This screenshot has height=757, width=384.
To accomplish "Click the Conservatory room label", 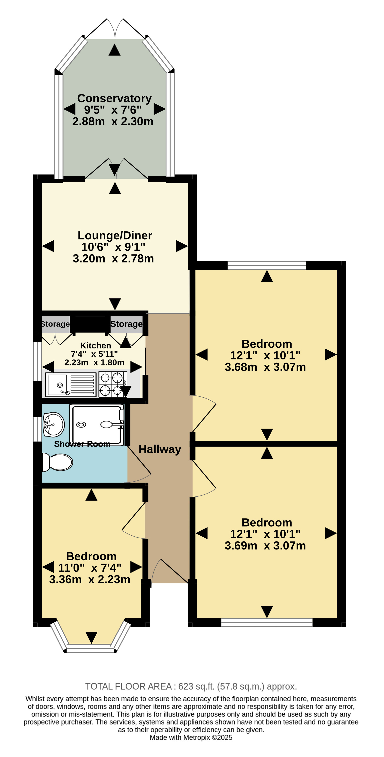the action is click(114, 98).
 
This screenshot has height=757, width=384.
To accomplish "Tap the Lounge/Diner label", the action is click(115, 235).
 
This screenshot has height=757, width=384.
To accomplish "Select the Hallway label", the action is click(160, 449).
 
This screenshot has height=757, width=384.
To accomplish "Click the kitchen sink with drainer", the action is click(71, 385).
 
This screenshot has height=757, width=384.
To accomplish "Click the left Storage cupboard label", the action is click(55, 324).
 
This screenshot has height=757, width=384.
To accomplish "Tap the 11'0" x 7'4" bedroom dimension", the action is click(90, 568).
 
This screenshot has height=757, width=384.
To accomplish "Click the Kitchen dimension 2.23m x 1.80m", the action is click(94, 362).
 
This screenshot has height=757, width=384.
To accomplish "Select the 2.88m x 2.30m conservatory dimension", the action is click(113, 121).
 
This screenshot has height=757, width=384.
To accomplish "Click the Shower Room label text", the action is click(82, 444).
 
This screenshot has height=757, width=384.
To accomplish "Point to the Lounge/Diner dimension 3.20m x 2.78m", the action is click(113, 258).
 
